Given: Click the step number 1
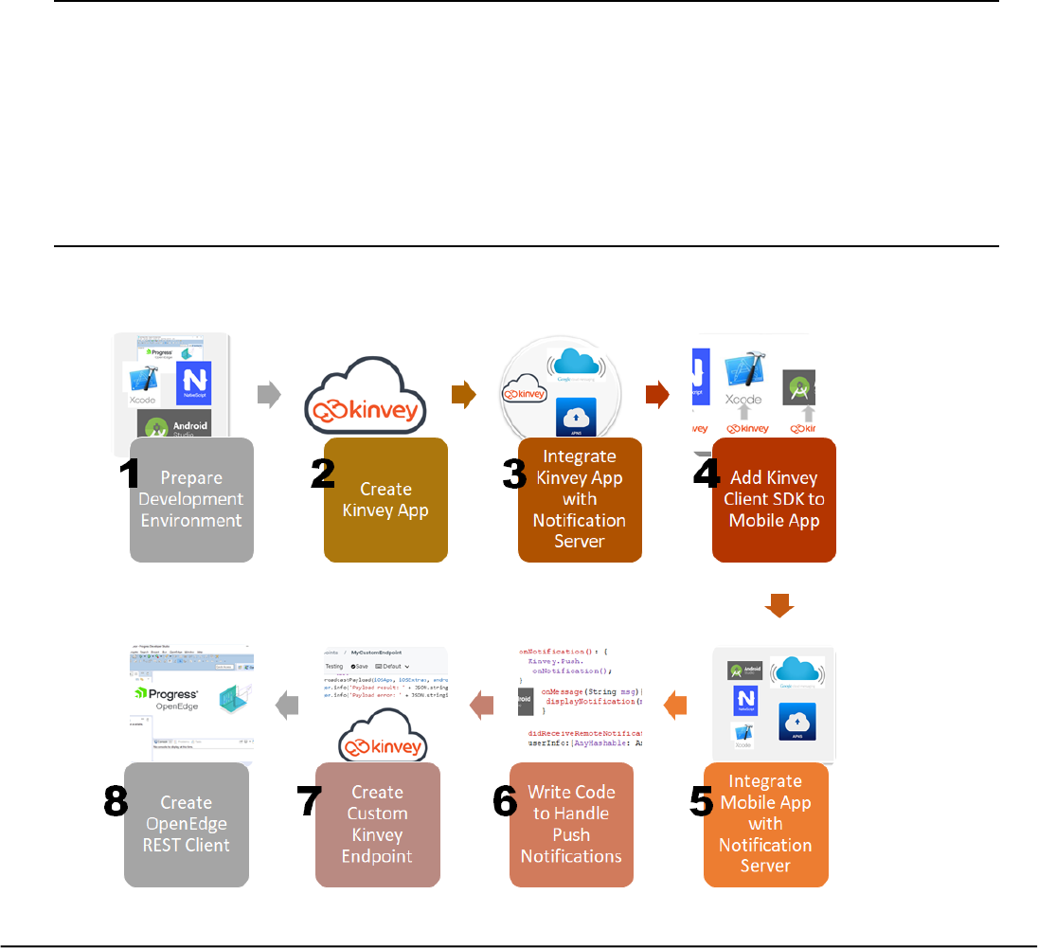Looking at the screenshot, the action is (x=124, y=474).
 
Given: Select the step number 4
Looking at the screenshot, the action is (x=707, y=474).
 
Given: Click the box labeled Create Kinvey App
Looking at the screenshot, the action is (x=385, y=500).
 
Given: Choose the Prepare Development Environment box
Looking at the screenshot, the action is (x=191, y=500).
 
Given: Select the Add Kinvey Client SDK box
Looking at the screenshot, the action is (x=775, y=500).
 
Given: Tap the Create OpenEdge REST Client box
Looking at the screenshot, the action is (x=187, y=824).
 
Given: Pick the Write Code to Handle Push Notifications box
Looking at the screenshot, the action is (x=571, y=824).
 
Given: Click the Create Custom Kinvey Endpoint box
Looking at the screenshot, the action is (x=377, y=824).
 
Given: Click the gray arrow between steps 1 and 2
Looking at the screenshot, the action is (x=270, y=396).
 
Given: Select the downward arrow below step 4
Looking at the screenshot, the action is (x=778, y=604).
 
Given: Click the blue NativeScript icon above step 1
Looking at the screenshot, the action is (x=193, y=382).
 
